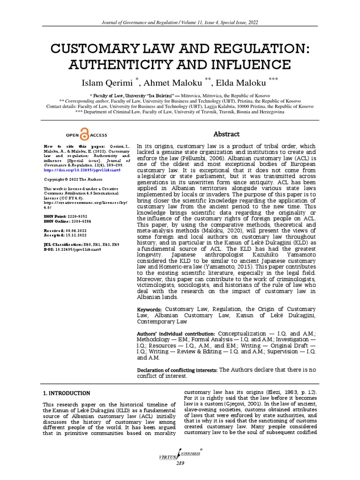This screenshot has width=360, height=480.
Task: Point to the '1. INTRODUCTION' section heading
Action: tap(66, 393)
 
